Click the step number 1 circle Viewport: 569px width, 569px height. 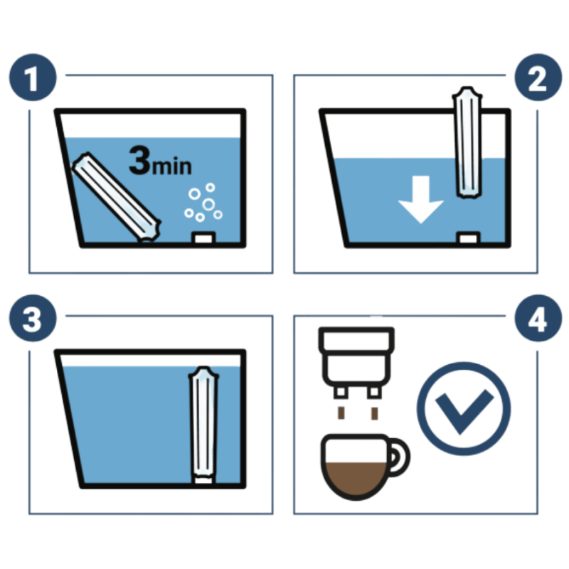click(32, 79)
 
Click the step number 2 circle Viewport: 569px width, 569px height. click(536, 79)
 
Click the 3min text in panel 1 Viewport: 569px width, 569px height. click(161, 162)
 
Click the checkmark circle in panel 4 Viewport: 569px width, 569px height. click(463, 407)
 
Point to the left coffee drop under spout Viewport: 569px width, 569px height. click(341, 413)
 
